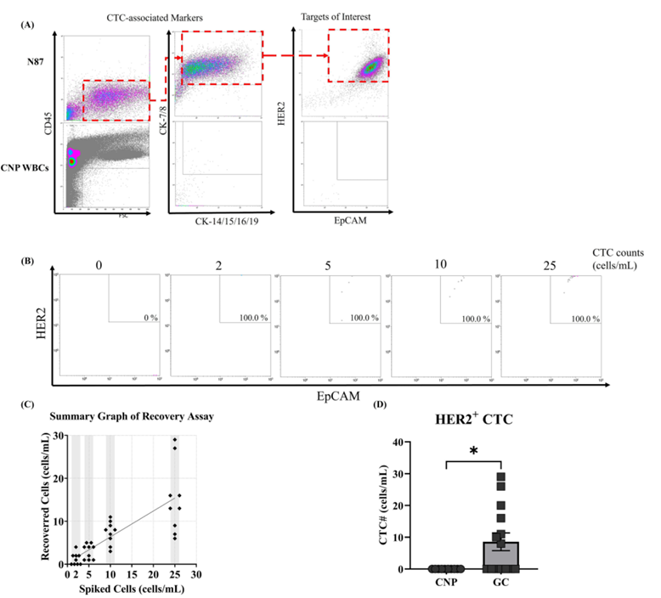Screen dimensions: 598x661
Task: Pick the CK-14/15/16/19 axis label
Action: [223, 220]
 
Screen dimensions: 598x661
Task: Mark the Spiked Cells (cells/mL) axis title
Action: [131, 589]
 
